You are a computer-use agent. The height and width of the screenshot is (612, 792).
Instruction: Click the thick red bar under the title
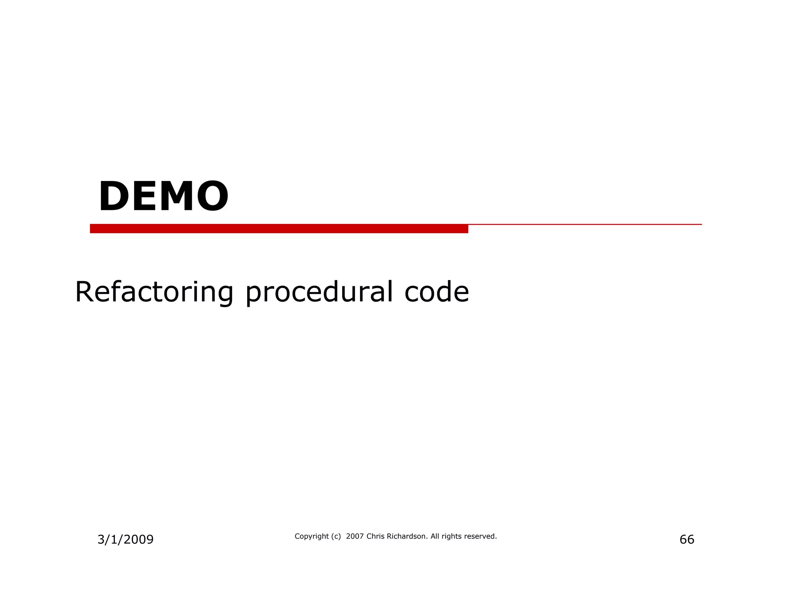pyautogui.click(x=279, y=229)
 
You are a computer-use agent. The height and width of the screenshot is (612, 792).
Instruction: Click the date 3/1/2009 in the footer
pyautogui.click(x=125, y=539)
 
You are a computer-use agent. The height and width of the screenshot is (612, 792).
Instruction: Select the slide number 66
pyautogui.click(x=687, y=539)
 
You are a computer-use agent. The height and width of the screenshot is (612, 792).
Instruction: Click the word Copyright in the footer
pyautogui.click(x=312, y=536)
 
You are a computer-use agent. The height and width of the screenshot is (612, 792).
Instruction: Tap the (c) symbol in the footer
pyautogui.click(x=336, y=536)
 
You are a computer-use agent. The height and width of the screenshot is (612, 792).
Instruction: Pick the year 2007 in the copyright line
pyautogui.click(x=355, y=536)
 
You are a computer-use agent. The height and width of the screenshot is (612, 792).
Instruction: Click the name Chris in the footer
pyautogui.click(x=376, y=536)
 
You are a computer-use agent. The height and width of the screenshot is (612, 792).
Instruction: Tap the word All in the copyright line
pyautogui.click(x=435, y=536)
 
